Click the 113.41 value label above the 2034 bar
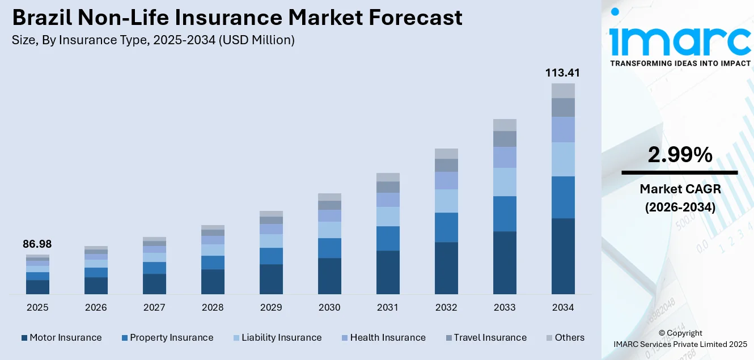pyautogui.click(x=563, y=73)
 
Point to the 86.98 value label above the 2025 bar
pyautogui.click(x=37, y=244)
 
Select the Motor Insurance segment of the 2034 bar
pyautogui.click(x=563, y=256)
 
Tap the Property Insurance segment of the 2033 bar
pyautogui.click(x=505, y=214)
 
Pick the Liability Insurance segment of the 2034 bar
pyautogui.click(x=563, y=159)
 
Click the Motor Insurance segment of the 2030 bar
pyautogui.click(x=329, y=276)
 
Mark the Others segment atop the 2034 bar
pyautogui.click(x=563, y=91)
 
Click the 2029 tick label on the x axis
pyautogui.click(x=271, y=307)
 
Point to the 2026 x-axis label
pyautogui.click(x=96, y=307)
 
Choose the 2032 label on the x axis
pyautogui.click(x=446, y=307)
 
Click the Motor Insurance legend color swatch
pyautogui.click(x=24, y=338)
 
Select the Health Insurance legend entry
pyautogui.click(x=387, y=338)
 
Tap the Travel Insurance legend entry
pyautogui.click(x=490, y=338)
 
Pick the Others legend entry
pyautogui.click(x=569, y=338)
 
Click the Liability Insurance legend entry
pyautogui.click(x=281, y=338)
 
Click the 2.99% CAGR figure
pyautogui.click(x=680, y=155)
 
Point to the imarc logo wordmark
pyautogui.click(x=680, y=40)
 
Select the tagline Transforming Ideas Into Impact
pyautogui.click(x=680, y=63)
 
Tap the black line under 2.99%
pyautogui.click(x=680, y=172)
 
